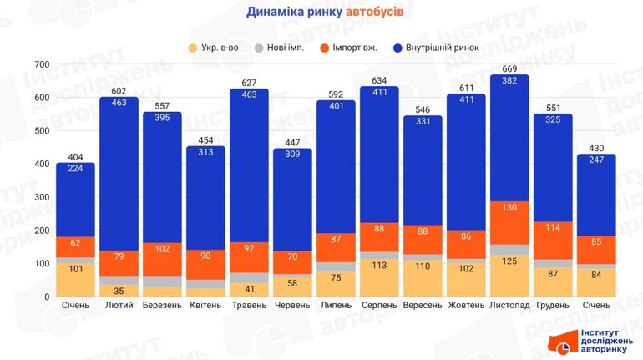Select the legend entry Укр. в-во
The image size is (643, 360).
pos(214,48)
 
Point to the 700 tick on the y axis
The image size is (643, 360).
pos(42,64)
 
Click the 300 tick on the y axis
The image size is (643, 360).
pos(42,197)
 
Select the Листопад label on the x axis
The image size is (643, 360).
pos(509,306)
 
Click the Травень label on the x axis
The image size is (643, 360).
pos(249,306)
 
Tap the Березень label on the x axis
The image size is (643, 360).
pos(162,306)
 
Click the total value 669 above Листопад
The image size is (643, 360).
pos(509,68)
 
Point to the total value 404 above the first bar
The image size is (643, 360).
pos(75,156)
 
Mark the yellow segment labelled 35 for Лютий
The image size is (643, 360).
pos(119,291)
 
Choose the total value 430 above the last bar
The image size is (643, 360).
pos(596,148)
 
